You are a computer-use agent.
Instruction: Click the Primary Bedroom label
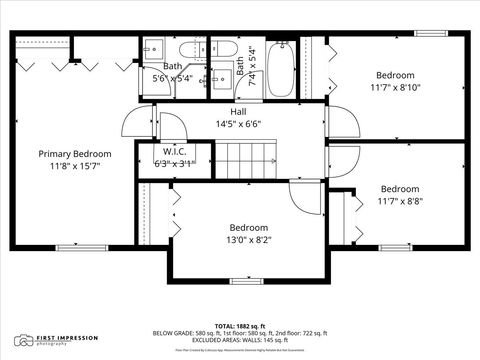coord(75,154)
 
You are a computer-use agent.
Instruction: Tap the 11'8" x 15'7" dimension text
coord(75,166)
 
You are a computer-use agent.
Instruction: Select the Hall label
coord(238,112)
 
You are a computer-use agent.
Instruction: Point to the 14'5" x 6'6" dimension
coord(238,124)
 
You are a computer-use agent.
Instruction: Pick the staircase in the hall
coord(248,155)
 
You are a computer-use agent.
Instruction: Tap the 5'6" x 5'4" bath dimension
coord(174,78)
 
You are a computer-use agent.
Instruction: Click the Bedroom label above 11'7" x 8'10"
coord(395,75)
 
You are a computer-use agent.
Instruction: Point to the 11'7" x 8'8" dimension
coord(400,201)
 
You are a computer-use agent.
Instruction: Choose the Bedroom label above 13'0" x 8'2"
coord(248,227)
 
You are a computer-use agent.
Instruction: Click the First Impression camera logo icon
coord(25,340)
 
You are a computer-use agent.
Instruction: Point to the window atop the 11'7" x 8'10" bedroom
coord(431,33)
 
